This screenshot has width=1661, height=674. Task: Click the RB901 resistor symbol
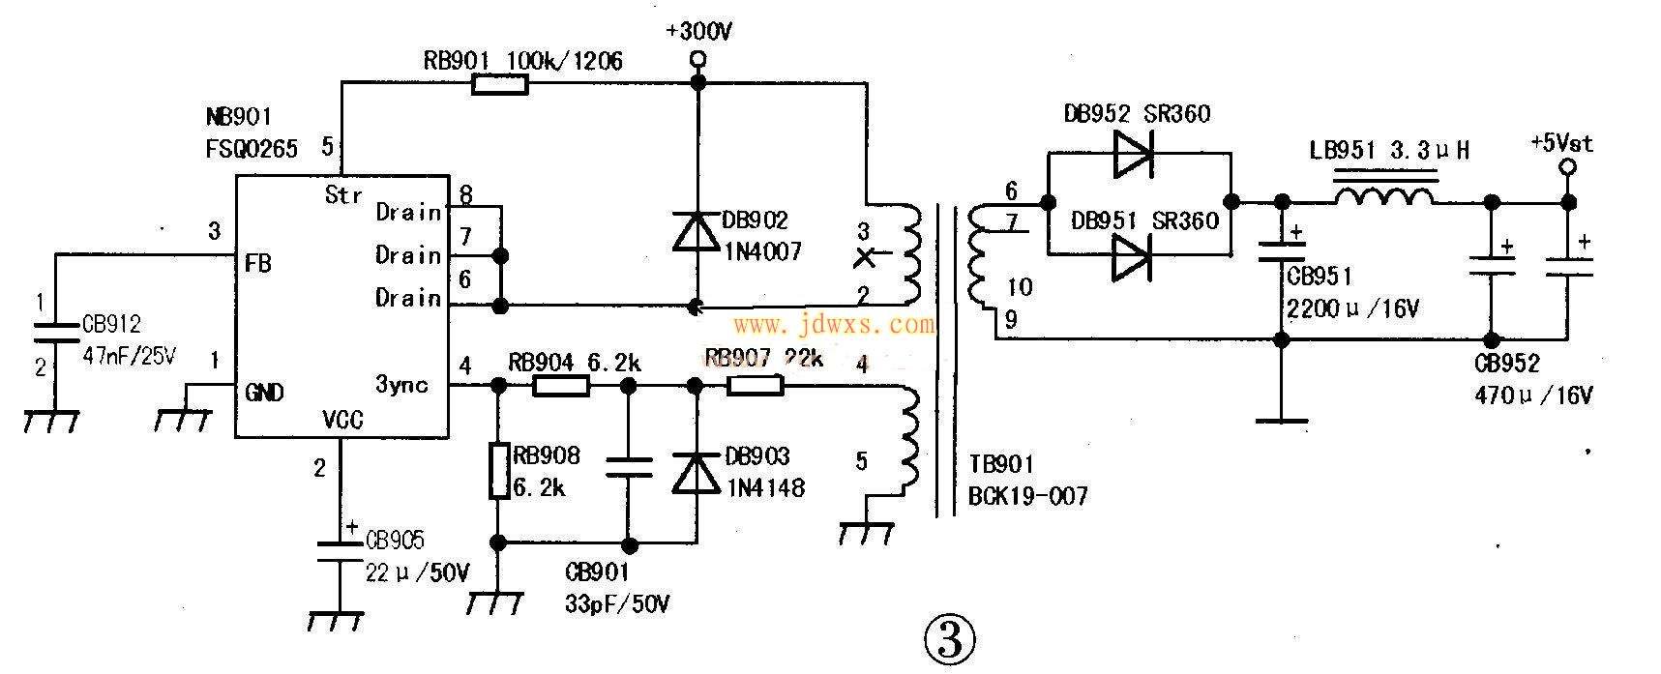coord(500,85)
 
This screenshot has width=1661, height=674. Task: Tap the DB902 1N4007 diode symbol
coord(697,232)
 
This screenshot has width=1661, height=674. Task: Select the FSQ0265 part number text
coord(252,148)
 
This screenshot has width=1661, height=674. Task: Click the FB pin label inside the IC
coord(258,263)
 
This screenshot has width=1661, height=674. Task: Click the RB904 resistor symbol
coord(561,387)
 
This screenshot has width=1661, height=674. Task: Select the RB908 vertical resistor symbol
coord(498,471)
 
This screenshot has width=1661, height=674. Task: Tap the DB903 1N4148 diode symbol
coord(695,474)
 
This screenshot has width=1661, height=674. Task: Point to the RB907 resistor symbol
coord(756,386)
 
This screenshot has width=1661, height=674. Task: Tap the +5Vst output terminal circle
coord(1568,167)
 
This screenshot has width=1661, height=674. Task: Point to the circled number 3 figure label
coord(949,637)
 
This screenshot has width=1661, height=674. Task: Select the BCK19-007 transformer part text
coord(1027,497)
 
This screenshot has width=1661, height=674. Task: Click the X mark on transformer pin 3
coord(868,257)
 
